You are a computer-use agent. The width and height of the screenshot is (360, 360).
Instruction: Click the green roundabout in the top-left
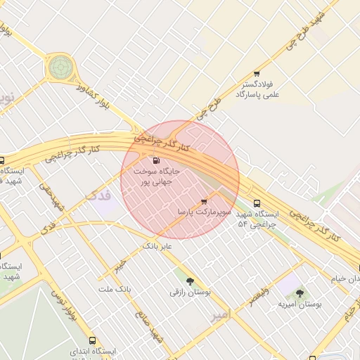click(60, 67)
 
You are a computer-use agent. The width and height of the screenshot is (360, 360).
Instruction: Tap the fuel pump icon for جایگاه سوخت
click(155, 161)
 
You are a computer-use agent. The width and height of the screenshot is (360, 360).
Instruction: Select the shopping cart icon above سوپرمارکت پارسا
click(204, 201)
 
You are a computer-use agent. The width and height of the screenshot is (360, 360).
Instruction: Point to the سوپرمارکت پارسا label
click(205, 211)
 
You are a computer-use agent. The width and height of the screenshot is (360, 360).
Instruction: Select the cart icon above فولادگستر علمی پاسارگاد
click(257, 73)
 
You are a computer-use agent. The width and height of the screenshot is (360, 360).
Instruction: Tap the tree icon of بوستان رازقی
click(190, 281)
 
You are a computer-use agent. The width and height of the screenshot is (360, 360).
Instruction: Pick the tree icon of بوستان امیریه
click(300, 293)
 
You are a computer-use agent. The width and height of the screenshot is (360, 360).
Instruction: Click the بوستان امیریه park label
click(300, 304)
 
